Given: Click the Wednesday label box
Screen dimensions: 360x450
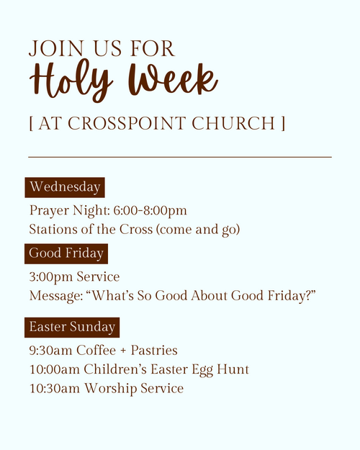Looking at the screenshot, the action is pyautogui.click(x=65, y=187).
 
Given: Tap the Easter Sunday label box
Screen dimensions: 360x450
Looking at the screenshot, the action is pyautogui.click(x=72, y=328).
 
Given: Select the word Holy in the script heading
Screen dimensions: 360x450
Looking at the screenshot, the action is pyautogui.click(x=71, y=80).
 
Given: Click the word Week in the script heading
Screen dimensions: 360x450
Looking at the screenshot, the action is pyautogui.click(x=173, y=78).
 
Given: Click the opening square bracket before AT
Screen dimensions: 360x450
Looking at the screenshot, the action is pyautogui.click(x=31, y=123).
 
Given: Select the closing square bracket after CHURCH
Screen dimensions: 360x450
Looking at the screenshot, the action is pyautogui.click(x=283, y=123).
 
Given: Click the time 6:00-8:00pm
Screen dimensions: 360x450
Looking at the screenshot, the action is pyautogui.click(x=150, y=210).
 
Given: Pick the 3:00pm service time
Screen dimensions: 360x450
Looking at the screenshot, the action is pyautogui.click(x=51, y=277).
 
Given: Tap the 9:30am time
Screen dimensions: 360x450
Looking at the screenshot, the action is pyautogui.click(x=51, y=351).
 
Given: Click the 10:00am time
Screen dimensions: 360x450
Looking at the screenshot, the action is pyautogui.click(x=55, y=369).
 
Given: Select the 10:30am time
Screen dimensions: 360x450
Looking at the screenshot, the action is pyautogui.click(x=55, y=388).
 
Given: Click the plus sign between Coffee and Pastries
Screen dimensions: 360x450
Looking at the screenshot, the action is pyautogui.click(x=123, y=351).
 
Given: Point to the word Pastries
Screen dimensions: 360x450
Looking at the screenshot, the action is pyautogui.click(x=154, y=351).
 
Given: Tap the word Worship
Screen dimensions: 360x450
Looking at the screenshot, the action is pyautogui.click(x=111, y=389).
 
